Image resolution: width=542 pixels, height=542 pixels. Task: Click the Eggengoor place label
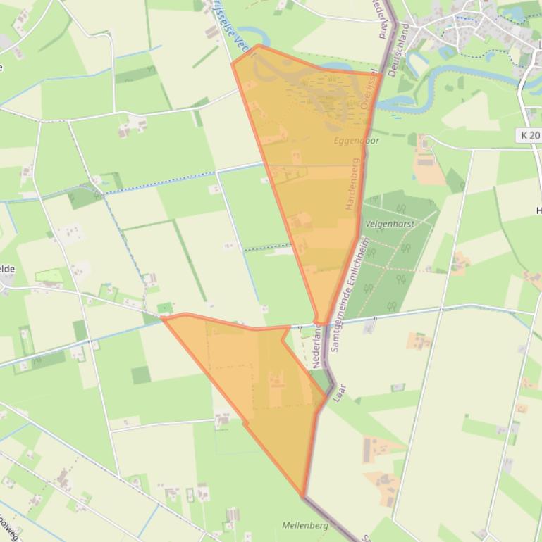[x=356, y=141]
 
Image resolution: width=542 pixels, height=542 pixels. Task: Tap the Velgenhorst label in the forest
[x=390, y=224]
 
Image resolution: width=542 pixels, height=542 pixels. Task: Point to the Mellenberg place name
[x=305, y=525]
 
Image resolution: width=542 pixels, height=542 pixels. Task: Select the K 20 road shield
[x=529, y=134]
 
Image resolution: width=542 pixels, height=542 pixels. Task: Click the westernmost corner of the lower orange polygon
[x=164, y=317]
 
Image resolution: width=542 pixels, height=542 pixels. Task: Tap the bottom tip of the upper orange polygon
[x=319, y=323]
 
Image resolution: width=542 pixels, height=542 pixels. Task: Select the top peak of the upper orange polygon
[x=259, y=46]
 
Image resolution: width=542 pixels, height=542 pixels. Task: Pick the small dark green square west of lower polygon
[x=141, y=374]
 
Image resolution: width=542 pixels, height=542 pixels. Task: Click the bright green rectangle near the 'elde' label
[x=49, y=277]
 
